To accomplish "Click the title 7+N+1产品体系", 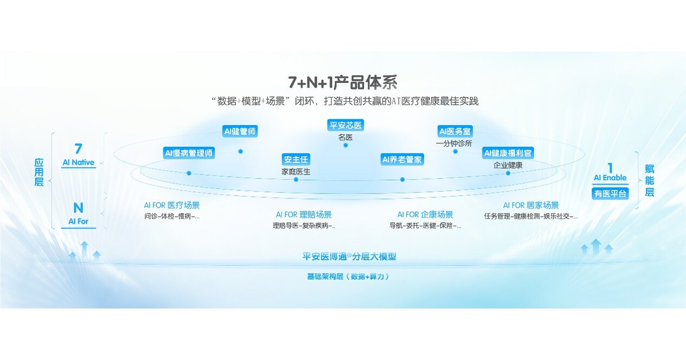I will [x=343, y=82].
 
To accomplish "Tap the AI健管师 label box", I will [x=240, y=131].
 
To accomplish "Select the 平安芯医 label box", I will [x=345, y=125].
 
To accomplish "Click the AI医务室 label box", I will [x=455, y=131].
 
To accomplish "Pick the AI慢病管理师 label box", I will [x=189, y=153].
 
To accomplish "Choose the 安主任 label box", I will [x=296, y=159].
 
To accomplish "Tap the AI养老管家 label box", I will [x=402, y=159].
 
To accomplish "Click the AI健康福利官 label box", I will [x=508, y=153].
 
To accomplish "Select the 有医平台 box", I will [x=610, y=193].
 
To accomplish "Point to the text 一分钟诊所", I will [x=454, y=143].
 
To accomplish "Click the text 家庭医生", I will [x=296, y=171].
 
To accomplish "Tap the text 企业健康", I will [x=508, y=165].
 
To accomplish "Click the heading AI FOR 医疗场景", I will [x=171, y=205].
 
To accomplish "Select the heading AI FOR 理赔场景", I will [x=304, y=215].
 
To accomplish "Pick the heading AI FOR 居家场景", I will [x=531, y=205].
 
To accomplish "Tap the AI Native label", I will [x=79, y=162].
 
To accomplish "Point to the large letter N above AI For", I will [x=79, y=208].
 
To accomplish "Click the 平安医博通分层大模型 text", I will [x=349, y=256].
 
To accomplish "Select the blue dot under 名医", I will [x=345, y=145].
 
